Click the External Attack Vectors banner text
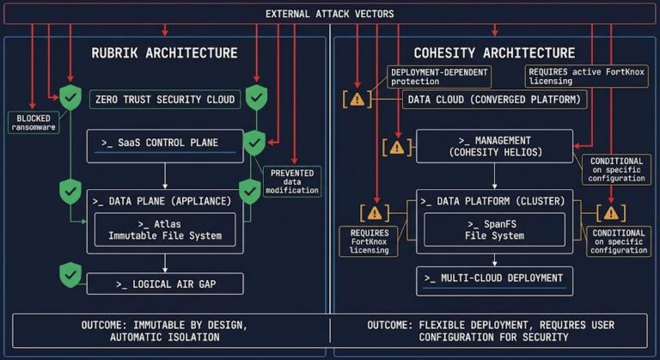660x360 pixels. pyautogui.click(x=330, y=14)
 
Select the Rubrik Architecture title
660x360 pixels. pyautogui.click(x=164, y=53)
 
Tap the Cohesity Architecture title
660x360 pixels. pyautogui.click(x=494, y=53)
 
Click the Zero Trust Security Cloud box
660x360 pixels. pyautogui.click(x=164, y=100)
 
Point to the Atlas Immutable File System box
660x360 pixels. pyautogui.click(x=164, y=229)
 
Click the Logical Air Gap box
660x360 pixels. pyautogui.click(x=164, y=283)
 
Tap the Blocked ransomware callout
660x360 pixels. pyautogui.click(x=31, y=121)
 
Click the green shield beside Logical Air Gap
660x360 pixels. pyautogui.click(x=70, y=275)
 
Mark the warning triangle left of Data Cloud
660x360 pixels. pyautogui.click(x=357, y=99)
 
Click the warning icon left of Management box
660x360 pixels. pyautogui.click(x=396, y=146)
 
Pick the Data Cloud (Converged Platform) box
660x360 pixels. pyautogui.click(x=494, y=100)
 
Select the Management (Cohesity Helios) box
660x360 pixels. pyautogui.click(x=494, y=146)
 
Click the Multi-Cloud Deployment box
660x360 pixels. pyautogui.click(x=494, y=278)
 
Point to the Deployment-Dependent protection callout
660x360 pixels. pyautogui.click(x=438, y=76)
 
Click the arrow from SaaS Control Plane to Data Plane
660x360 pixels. pyautogui.click(x=164, y=175)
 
